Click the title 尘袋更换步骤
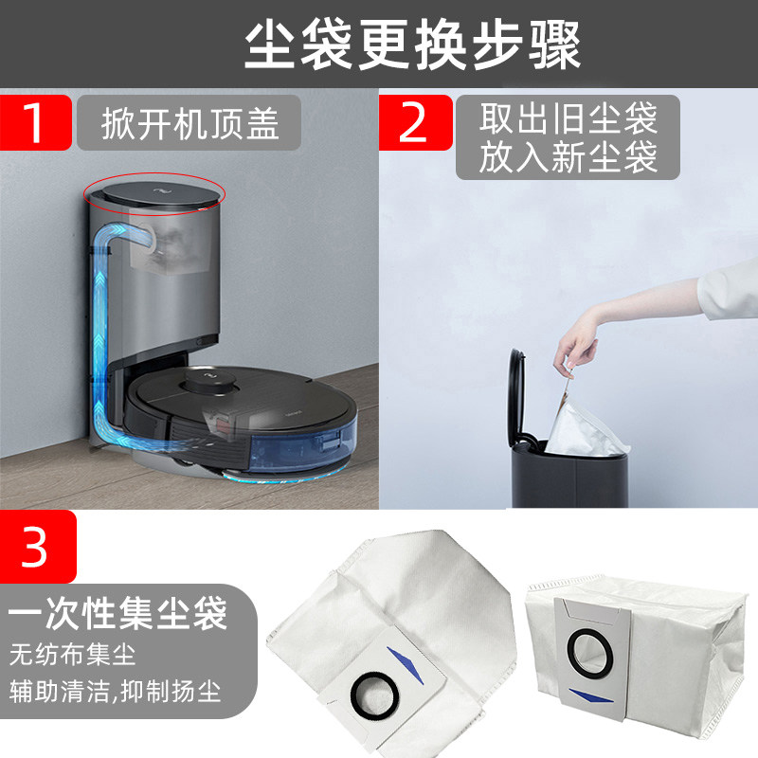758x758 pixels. click(x=412, y=45)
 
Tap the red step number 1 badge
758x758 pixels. click(x=35, y=122)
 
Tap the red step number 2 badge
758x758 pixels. click(x=415, y=122)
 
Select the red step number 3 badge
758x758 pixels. click(x=35, y=546)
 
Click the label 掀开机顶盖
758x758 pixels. click(x=190, y=123)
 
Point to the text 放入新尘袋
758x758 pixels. click(x=568, y=156)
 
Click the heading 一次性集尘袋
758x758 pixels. click(x=117, y=613)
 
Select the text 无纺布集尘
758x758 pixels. click(x=73, y=654)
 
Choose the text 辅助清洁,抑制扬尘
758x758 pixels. click(x=116, y=690)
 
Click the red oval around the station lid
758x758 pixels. click(x=155, y=191)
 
